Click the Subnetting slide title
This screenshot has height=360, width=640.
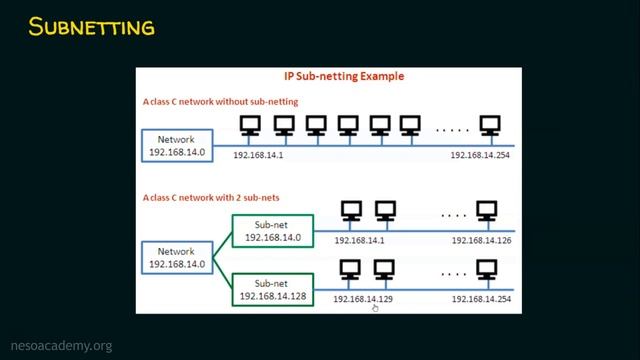click(x=92, y=27)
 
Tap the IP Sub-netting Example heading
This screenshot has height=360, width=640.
click(x=328, y=77)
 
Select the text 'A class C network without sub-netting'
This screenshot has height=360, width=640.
click(x=220, y=102)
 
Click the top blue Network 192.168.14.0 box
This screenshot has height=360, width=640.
click(x=176, y=146)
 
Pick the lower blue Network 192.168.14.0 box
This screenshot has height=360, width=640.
click(x=176, y=257)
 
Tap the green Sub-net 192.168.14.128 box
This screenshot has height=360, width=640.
click(x=272, y=290)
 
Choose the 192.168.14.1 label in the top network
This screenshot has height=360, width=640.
click(x=260, y=156)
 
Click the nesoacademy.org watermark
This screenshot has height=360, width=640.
click(x=61, y=346)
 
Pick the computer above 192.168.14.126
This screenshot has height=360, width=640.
click(x=487, y=212)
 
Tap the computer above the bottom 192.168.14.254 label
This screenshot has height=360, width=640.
click(x=487, y=269)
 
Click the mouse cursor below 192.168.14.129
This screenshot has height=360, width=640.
click(x=375, y=308)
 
